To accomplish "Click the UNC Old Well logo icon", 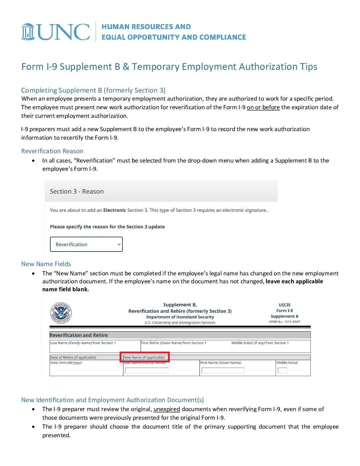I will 28,32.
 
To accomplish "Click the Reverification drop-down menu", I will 86,244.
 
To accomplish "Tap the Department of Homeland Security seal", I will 61,313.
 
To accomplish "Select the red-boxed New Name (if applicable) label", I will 144,357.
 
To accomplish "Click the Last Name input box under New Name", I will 147,370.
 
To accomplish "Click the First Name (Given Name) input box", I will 223,370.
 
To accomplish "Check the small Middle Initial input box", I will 282,370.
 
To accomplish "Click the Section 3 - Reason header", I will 77,191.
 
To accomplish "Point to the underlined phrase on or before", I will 263,107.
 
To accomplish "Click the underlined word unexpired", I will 166,409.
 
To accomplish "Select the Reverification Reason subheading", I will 52,151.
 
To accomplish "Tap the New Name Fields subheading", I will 46,264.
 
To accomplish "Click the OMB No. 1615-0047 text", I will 285,322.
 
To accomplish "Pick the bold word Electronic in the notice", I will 114,210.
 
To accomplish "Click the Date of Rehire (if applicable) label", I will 73,357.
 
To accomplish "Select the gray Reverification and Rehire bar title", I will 79,335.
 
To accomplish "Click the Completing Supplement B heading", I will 93,90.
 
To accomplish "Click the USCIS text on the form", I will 285,305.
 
